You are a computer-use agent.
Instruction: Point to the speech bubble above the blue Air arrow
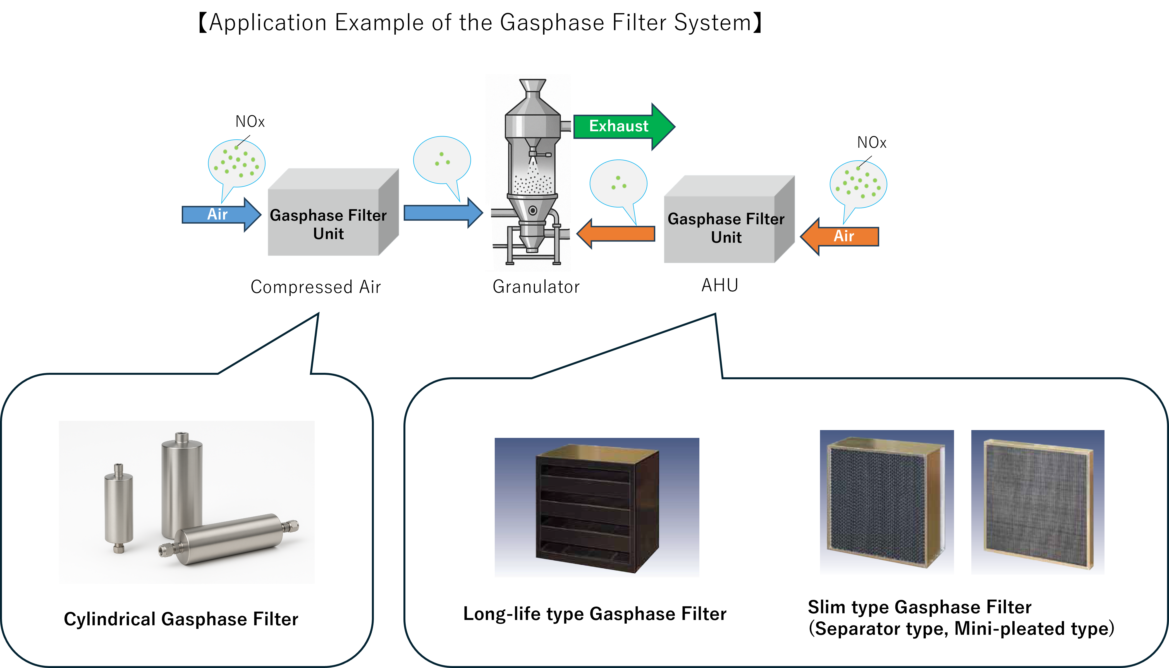(x=236, y=163)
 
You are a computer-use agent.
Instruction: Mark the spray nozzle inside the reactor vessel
(x=533, y=154)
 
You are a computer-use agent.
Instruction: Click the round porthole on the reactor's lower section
(x=532, y=211)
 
